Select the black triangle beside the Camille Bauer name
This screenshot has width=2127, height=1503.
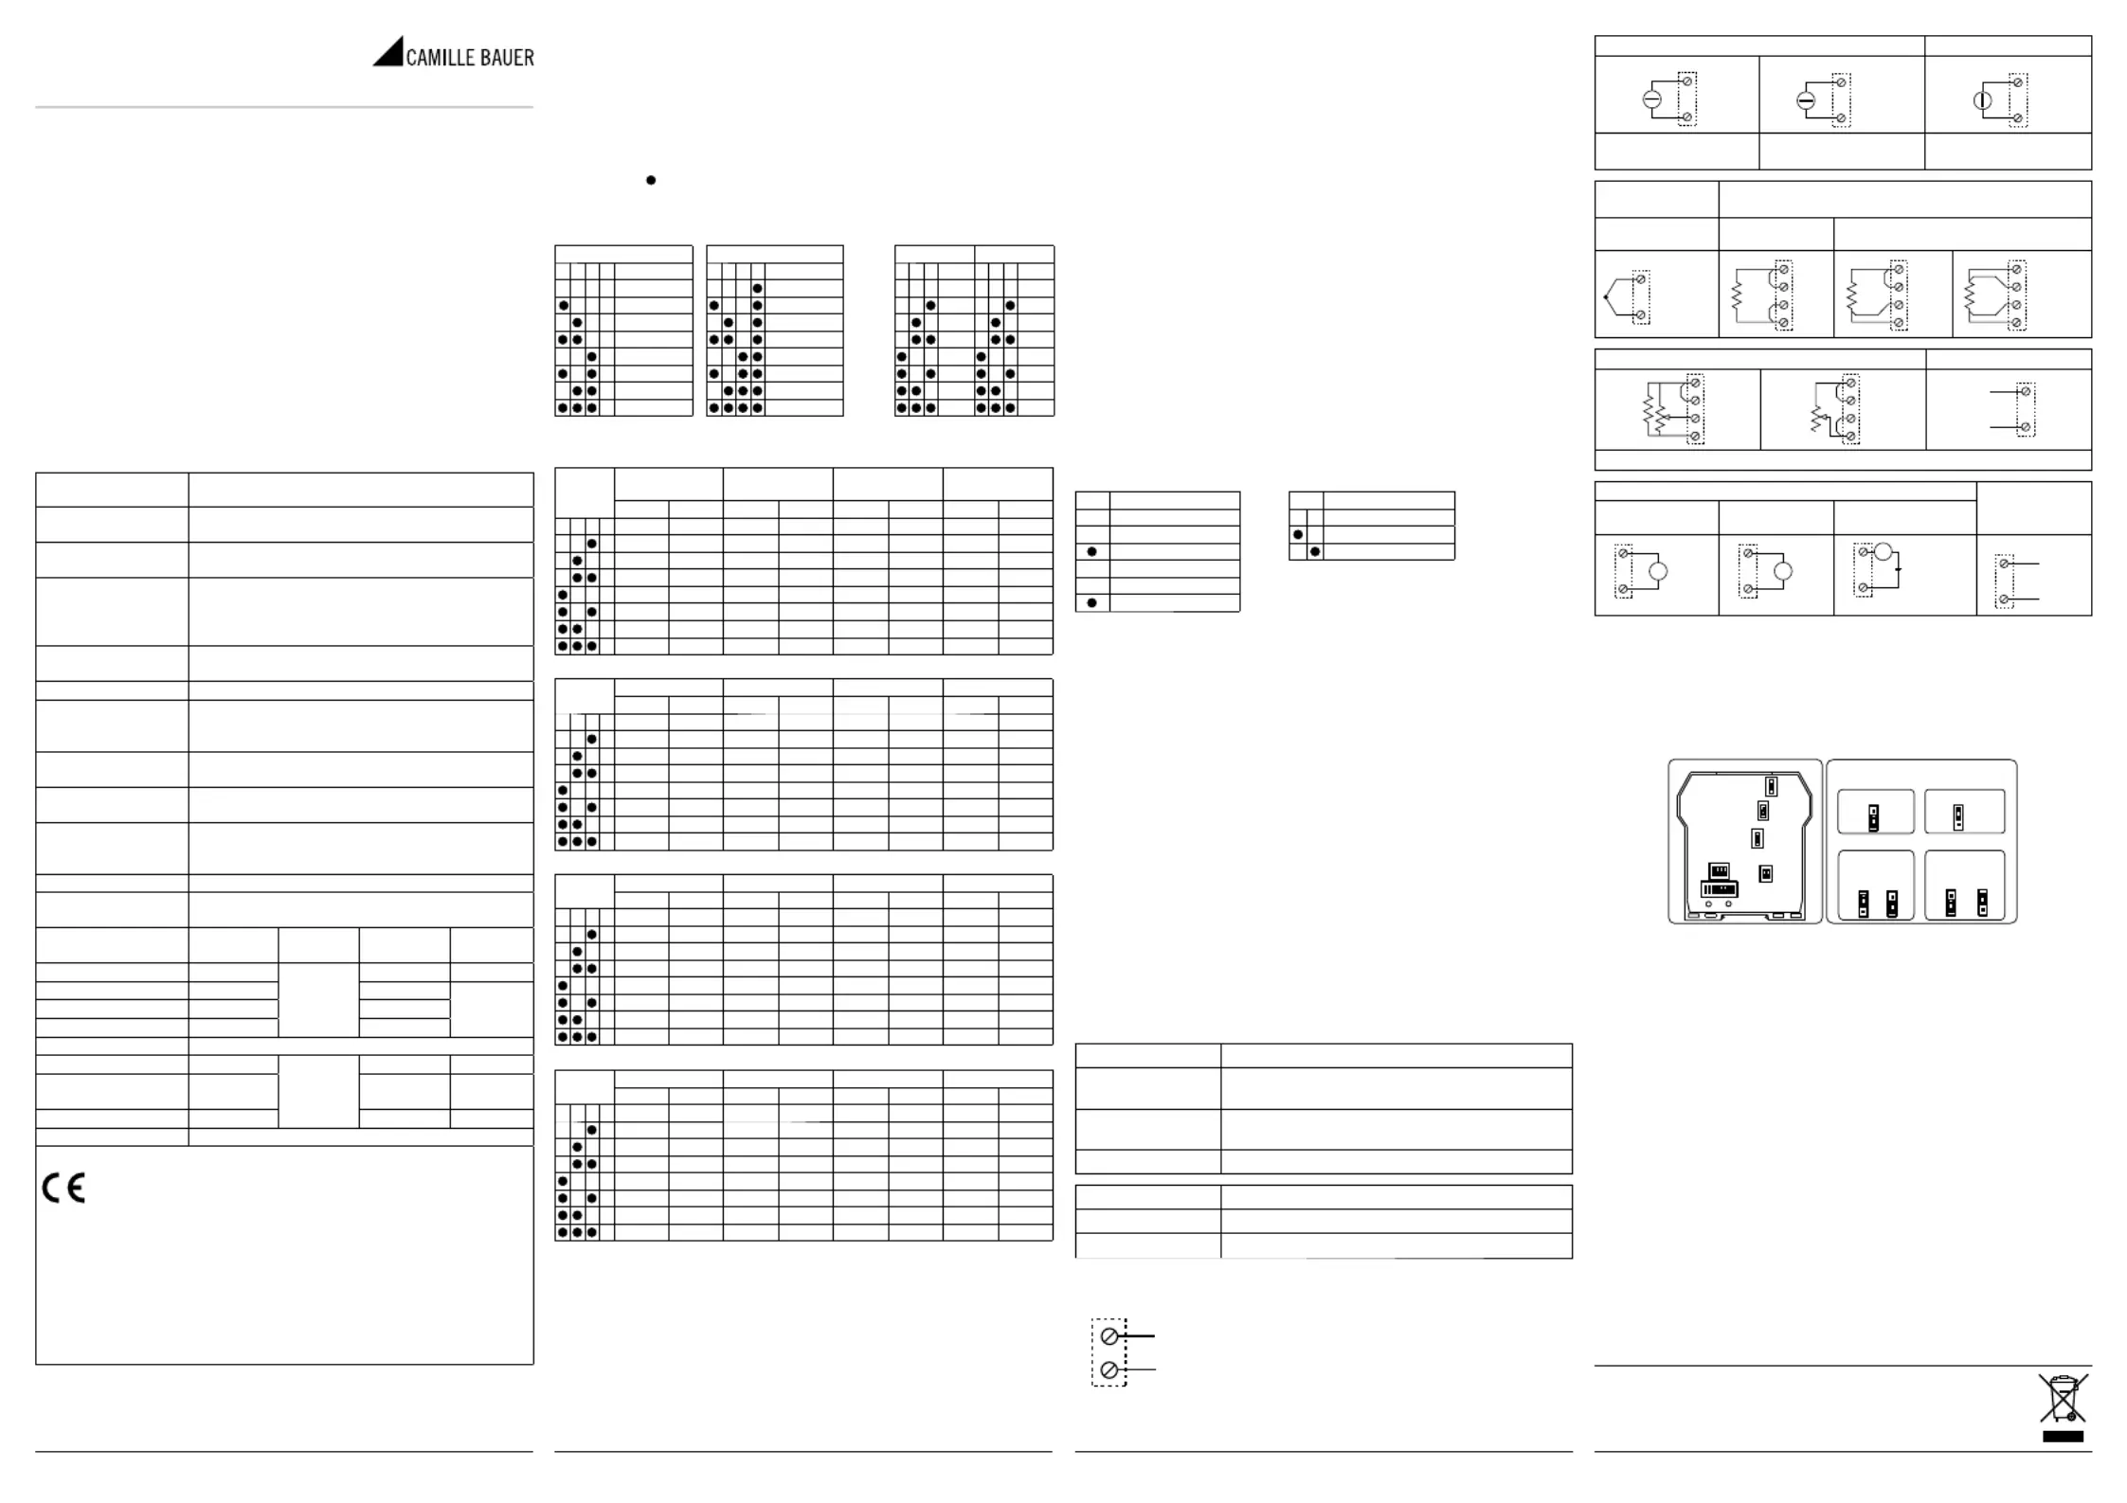tap(388, 52)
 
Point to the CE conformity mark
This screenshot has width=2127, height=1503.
tap(63, 1188)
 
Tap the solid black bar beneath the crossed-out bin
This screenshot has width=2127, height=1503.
tap(2063, 1437)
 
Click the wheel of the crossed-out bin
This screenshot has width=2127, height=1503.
tap(2071, 1417)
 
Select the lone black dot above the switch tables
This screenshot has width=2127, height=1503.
tap(651, 180)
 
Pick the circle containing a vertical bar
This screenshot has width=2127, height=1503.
tap(1982, 100)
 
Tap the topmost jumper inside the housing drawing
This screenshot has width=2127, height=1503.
tap(1771, 786)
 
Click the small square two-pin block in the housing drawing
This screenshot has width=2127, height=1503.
tap(1765, 874)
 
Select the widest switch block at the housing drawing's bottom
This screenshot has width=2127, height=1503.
tap(1719, 890)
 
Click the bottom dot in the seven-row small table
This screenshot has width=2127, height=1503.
tap(1091, 602)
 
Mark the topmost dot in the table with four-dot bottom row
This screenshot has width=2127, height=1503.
tap(757, 288)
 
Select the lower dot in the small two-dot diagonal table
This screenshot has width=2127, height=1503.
tap(1314, 551)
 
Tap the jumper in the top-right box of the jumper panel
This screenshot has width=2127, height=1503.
tap(1958, 816)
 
